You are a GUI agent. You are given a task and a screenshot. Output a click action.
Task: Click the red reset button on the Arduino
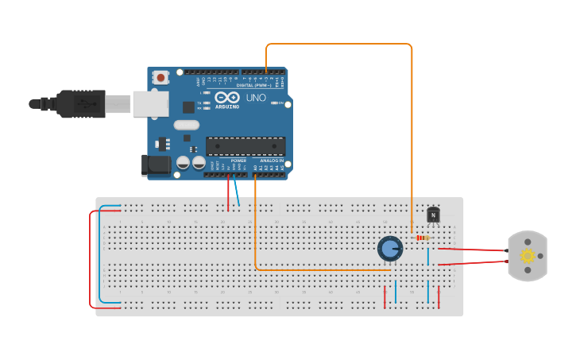(161, 78)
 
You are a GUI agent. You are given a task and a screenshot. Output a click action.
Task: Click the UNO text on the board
(256, 98)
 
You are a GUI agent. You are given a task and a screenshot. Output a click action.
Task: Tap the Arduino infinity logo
(226, 97)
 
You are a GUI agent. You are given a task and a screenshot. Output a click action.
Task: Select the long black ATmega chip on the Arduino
(245, 146)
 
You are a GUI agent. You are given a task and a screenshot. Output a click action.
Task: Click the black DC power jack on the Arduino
(155, 165)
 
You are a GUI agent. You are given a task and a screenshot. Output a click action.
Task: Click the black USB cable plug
(80, 103)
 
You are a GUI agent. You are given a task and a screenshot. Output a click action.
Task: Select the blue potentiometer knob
(389, 249)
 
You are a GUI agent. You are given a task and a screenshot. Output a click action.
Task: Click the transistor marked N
(433, 215)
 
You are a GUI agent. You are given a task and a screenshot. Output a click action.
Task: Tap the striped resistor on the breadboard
(423, 238)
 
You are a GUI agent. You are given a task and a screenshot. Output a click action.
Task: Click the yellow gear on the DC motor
(527, 256)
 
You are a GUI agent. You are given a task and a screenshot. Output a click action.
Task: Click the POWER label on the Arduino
(238, 161)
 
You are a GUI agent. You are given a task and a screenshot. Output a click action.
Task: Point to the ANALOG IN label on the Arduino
(272, 161)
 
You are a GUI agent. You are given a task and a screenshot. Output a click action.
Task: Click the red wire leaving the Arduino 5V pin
(230, 191)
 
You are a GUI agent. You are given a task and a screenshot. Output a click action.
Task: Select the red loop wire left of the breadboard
(91, 258)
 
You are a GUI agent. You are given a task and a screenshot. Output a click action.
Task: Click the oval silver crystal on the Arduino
(186, 125)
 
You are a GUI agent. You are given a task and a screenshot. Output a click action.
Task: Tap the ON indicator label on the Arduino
(280, 103)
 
